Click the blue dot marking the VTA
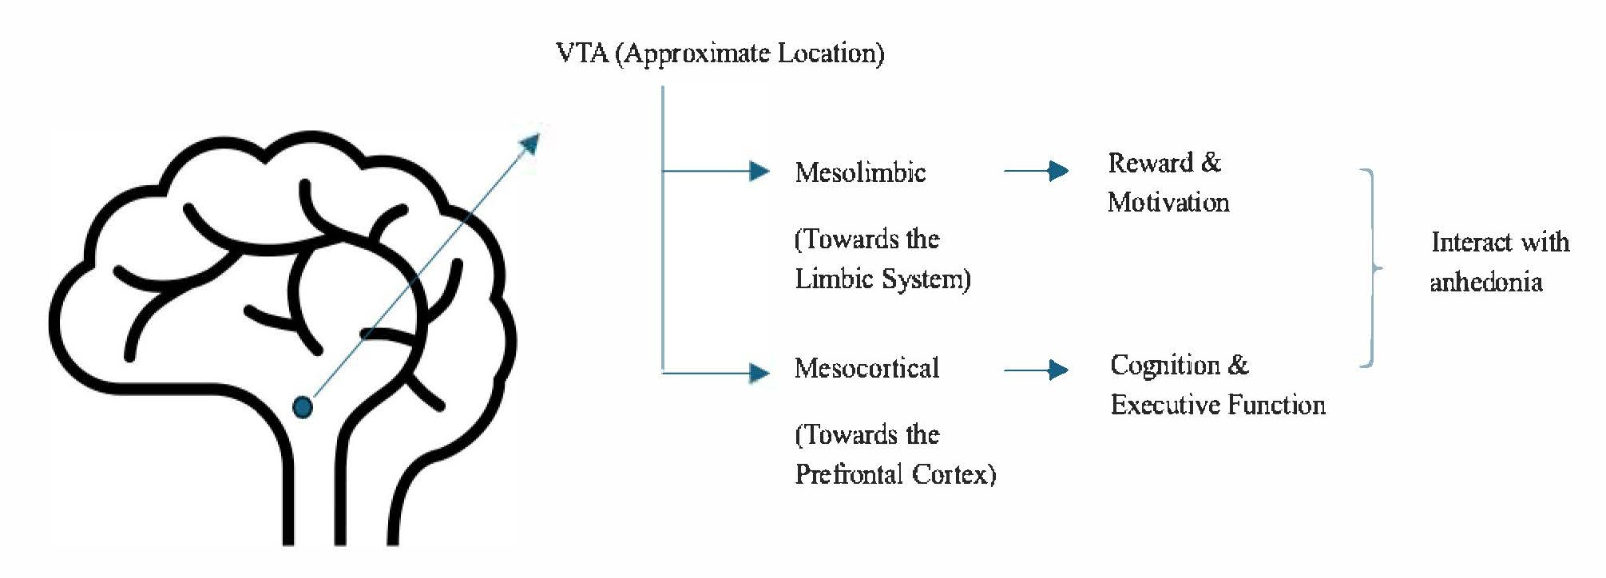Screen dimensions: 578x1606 [x=303, y=407]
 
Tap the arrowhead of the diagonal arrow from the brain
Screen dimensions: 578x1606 [x=529, y=144]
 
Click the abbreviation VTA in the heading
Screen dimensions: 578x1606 [x=582, y=53]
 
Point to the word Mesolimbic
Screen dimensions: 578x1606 [x=860, y=172]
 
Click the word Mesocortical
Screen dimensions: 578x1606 [x=866, y=368]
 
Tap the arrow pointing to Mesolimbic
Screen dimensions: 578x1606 [x=757, y=171]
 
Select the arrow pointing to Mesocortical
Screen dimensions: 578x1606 [x=757, y=372]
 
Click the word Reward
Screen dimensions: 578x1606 [x=1150, y=163]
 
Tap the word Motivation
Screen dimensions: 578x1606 [x=1168, y=202]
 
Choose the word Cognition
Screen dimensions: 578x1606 [x=1164, y=366]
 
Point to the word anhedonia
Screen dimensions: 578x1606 [x=1485, y=282]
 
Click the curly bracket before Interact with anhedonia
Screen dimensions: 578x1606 [x=1372, y=268]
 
